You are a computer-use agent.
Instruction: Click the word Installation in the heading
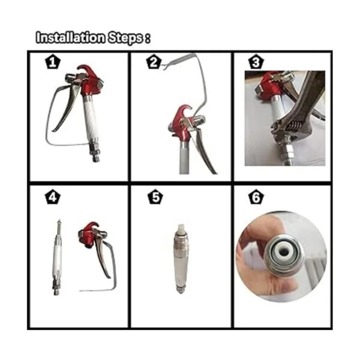coord(71,38)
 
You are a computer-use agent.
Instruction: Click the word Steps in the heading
coord(125,38)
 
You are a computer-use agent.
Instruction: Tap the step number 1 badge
coord(53,62)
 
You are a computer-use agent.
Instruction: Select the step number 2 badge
coord(154,62)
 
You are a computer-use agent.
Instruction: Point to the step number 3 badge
coord(256,62)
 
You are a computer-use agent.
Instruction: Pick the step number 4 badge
coord(53,197)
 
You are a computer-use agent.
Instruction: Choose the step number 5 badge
coord(155,197)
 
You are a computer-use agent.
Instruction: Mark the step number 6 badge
coord(256,197)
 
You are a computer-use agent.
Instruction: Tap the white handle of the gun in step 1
coord(91,117)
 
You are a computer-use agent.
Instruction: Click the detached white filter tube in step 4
coord(57,257)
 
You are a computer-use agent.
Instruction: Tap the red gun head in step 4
coord(88,235)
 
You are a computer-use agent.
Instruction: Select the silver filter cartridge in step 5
coord(181,259)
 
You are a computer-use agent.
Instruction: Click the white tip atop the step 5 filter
coord(181,229)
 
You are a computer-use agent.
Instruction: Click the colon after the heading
coord(148,38)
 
